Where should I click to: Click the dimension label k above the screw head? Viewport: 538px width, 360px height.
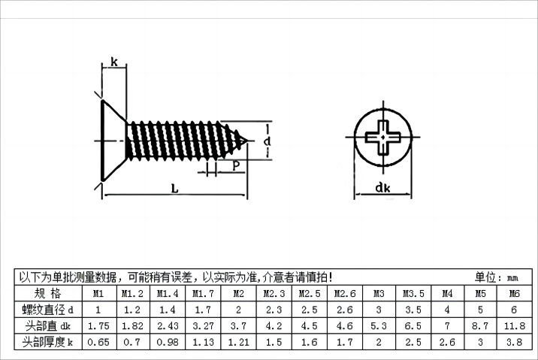click(x=113, y=62)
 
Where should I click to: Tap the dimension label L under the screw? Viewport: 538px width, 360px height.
click(x=174, y=189)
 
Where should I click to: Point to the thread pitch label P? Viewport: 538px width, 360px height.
click(x=236, y=165)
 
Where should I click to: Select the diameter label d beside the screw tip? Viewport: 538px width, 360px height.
click(x=267, y=141)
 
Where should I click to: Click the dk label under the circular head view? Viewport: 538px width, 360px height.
click(x=383, y=190)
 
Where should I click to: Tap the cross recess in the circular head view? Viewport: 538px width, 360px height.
click(x=383, y=137)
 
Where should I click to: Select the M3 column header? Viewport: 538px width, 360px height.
click(x=379, y=293)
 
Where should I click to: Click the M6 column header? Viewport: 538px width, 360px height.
click(x=514, y=293)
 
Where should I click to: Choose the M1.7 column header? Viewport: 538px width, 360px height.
click(x=201, y=293)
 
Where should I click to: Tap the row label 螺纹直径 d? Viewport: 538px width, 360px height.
click(x=47, y=310)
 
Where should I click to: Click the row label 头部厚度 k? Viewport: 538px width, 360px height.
click(x=47, y=343)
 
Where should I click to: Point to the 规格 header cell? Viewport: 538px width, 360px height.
click(x=47, y=293)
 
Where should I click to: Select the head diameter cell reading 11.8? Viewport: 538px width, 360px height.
click(x=514, y=326)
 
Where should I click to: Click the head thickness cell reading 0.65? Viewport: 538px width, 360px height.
click(x=98, y=343)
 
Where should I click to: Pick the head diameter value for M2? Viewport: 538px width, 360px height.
click(x=238, y=326)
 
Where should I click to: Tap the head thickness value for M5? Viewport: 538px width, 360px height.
click(x=481, y=343)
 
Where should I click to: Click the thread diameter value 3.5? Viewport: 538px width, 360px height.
click(x=413, y=310)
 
